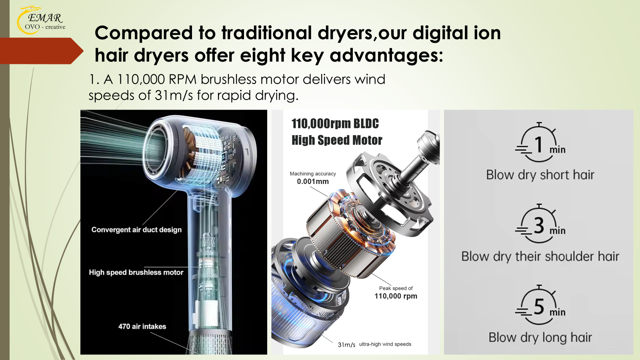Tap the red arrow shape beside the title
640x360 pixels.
(42, 51)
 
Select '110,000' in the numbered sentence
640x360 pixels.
(141, 79)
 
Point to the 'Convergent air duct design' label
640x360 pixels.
(136, 230)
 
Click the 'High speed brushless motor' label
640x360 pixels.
(136, 272)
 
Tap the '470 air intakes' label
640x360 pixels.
(142, 326)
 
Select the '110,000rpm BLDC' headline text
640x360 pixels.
(335, 124)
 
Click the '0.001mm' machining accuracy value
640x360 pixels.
(313, 182)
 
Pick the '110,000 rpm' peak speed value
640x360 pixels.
(396, 296)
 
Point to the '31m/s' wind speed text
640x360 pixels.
(346, 344)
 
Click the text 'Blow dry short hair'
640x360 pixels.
(540, 175)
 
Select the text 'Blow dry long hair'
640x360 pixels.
(540, 338)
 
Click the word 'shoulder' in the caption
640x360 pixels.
(568, 256)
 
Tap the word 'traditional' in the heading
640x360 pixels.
(266, 33)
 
